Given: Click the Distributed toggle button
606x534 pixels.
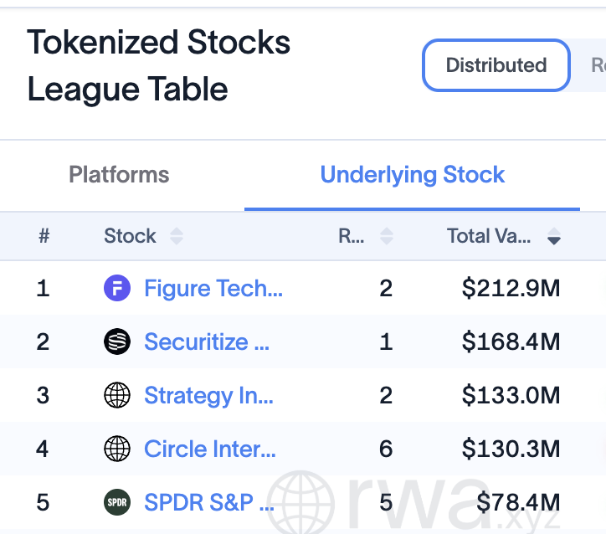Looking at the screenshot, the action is [496, 65].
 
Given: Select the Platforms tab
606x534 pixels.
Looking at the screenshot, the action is [119, 174].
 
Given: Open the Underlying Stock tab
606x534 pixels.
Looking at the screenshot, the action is [413, 174].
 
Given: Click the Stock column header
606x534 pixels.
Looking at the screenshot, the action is [130, 236].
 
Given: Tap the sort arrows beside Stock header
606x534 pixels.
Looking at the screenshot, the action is [177, 236].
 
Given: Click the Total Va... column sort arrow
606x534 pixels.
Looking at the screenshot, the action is [554, 236].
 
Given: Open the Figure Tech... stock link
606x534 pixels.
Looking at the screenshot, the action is [213, 288].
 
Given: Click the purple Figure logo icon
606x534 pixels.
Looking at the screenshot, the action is [117, 288].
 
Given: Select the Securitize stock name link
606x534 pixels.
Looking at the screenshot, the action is [207, 342].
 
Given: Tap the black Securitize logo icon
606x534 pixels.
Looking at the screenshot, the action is [117, 341].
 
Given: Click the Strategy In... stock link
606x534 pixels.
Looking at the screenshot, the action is [208, 396].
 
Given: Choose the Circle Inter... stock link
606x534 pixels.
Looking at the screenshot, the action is [210, 449].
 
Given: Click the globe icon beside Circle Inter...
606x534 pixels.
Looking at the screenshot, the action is [117, 449].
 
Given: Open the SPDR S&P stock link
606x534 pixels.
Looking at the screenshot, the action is [209, 502].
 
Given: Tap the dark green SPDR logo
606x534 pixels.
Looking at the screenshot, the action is [117, 502].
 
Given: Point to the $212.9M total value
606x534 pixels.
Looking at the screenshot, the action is [511, 288].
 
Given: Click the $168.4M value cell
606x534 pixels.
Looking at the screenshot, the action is [511, 342].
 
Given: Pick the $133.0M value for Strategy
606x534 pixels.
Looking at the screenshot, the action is [511, 395].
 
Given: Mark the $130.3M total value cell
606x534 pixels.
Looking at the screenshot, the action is [511, 449].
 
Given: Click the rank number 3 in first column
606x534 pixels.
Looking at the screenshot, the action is [43, 395].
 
